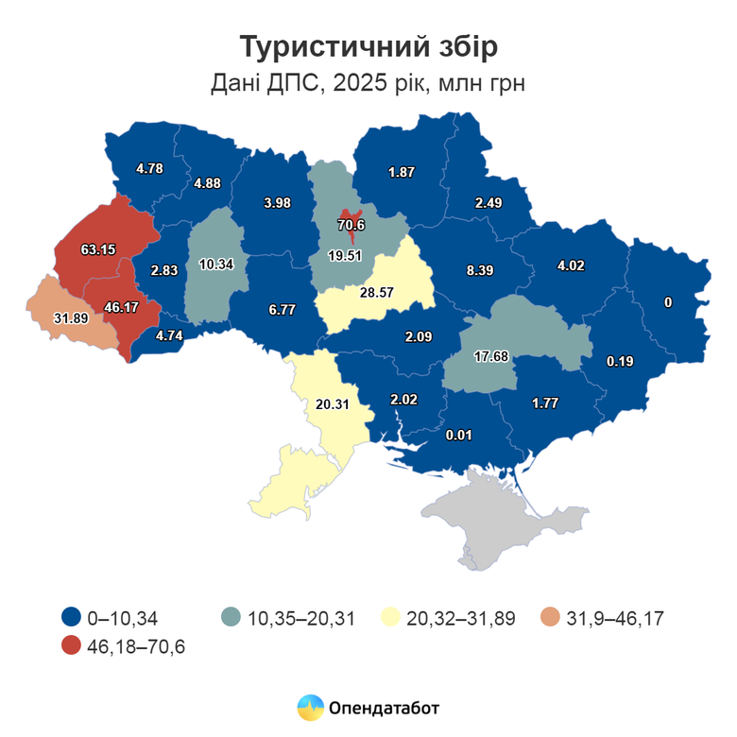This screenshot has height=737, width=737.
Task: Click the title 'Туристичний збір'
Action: click(368, 46)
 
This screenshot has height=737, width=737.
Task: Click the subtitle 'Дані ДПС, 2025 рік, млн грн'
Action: click(368, 83)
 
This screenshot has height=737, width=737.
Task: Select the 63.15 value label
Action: click(98, 249)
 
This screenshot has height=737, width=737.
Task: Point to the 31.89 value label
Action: click(71, 317)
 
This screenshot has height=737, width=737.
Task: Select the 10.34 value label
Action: click(217, 264)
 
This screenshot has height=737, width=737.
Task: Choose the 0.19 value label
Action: click(620, 361)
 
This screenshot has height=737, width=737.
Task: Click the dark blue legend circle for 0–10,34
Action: click(70, 618)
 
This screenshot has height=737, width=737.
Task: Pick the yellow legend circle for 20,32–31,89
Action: click(387, 618)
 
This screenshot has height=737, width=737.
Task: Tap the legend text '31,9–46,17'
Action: click(616, 619)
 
